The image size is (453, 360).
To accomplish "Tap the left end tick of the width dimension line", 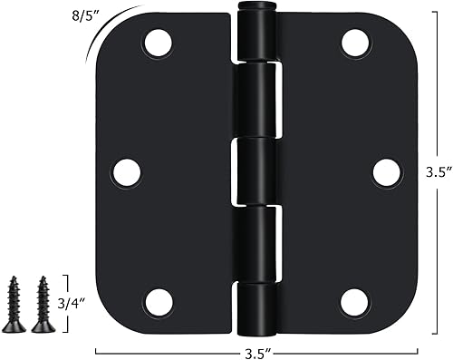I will [95, 349].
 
